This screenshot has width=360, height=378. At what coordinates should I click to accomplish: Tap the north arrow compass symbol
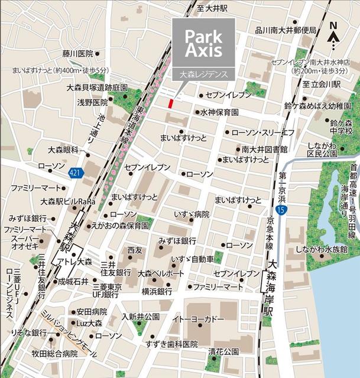334,35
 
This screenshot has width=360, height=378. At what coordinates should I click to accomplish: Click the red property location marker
171,103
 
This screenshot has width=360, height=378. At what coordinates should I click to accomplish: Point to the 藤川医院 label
77,53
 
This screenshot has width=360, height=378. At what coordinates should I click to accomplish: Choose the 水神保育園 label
219,112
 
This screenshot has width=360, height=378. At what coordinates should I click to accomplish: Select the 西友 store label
135,250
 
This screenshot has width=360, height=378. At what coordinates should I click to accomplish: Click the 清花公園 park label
223,351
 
